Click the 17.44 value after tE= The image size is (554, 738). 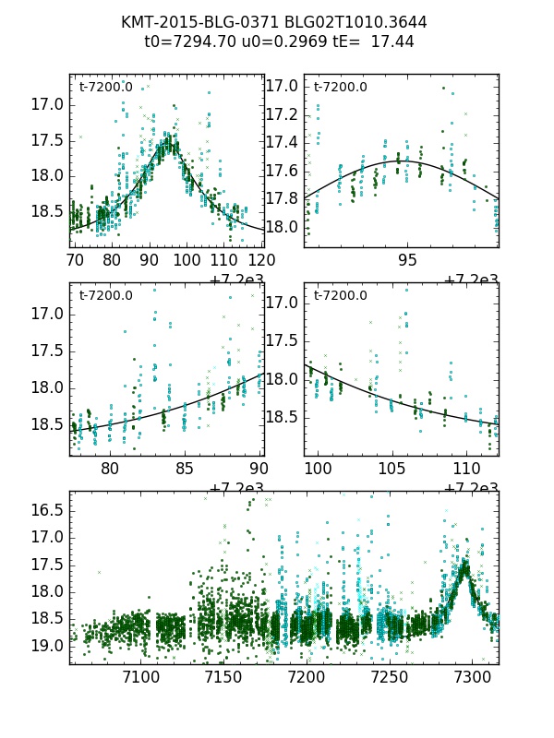393,42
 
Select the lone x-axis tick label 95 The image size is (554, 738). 407,260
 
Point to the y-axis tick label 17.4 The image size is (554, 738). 282,142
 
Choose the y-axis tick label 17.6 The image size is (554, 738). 282,171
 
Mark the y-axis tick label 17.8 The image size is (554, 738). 282,198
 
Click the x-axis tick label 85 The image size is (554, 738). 186,468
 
